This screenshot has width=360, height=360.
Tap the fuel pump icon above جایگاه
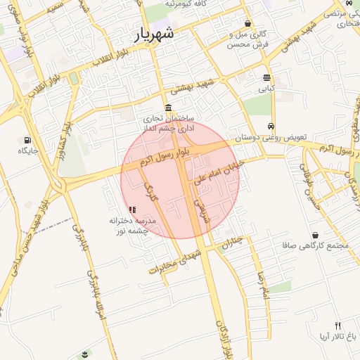27,140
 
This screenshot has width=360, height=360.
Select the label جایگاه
27,150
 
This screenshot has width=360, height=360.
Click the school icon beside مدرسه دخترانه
132,209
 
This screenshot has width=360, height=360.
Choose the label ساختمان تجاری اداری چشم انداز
170,124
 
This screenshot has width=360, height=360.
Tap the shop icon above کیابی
266,78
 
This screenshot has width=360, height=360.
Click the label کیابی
266,89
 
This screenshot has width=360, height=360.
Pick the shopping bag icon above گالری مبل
247,22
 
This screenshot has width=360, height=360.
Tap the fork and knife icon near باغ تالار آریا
337,326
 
